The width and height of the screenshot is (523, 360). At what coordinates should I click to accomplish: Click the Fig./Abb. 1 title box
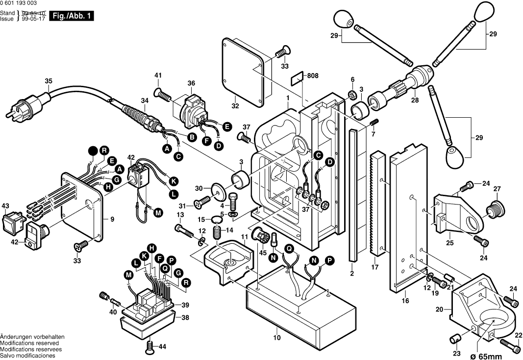pyautogui.click(x=71, y=16)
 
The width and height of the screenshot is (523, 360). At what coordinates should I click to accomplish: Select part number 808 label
pyautogui.click(x=313, y=76)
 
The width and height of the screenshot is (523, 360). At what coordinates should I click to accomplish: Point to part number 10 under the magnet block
pyautogui.click(x=277, y=337)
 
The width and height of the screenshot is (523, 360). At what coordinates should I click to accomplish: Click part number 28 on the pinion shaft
pyautogui.click(x=415, y=100)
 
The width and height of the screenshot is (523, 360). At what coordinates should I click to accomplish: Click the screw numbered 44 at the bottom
pyautogui.click(x=150, y=348)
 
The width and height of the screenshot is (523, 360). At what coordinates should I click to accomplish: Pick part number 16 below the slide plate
pyautogui.click(x=405, y=300)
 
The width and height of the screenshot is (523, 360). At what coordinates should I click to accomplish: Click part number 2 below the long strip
pyautogui.click(x=351, y=274)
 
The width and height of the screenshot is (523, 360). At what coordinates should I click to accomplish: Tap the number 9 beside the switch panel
pyautogui.click(x=112, y=220)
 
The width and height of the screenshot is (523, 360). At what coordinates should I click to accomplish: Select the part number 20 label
pyautogui.click(x=439, y=309)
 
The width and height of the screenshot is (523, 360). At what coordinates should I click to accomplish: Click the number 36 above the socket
pyautogui.click(x=191, y=83)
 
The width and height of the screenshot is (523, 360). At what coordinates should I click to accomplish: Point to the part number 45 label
pyautogui.click(x=263, y=253)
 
